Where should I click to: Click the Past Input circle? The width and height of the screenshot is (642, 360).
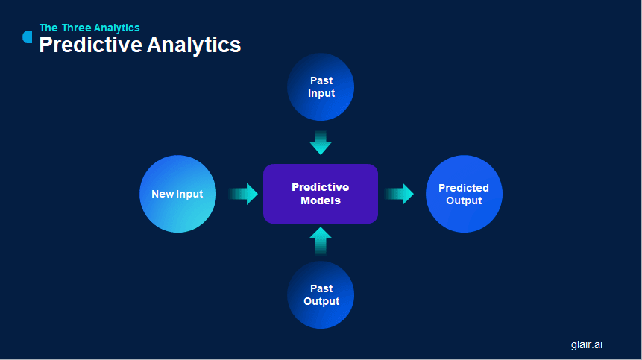(x=321, y=87)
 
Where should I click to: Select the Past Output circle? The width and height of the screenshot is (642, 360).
(x=321, y=295)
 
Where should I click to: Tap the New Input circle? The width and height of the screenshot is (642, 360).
(x=177, y=194)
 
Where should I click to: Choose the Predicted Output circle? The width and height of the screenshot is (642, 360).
(x=464, y=194)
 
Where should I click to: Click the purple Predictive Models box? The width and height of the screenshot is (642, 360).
(x=321, y=194)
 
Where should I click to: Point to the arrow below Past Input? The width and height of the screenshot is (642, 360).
(x=321, y=142)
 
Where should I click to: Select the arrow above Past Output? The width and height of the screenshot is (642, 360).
(x=321, y=241)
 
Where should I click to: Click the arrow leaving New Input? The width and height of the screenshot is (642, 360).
(x=243, y=194)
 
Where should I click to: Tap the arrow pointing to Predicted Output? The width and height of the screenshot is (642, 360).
(x=399, y=194)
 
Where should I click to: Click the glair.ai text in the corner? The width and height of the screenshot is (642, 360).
(x=587, y=344)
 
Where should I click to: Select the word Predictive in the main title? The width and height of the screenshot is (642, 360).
(x=90, y=45)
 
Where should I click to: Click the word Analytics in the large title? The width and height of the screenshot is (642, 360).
(x=194, y=45)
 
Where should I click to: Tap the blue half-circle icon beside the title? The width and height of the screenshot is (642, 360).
(x=28, y=37)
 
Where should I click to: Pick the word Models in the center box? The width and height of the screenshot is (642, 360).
(x=321, y=200)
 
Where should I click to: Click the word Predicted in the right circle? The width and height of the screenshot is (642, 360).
(x=464, y=188)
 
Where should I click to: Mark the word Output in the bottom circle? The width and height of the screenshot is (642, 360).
(x=321, y=302)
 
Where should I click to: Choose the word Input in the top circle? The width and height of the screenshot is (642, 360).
(x=321, y=94)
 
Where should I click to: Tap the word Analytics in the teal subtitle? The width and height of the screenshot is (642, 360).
(x=119, y=28)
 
